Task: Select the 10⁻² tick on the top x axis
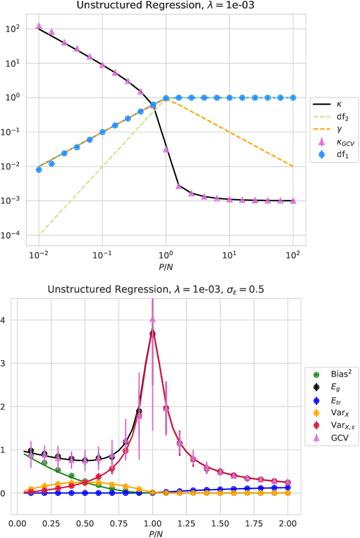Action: click(39, 255)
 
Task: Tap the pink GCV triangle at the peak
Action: click(152, 320)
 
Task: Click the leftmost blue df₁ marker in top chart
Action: click(39, 169)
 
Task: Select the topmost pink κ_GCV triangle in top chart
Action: click(39, 26)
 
